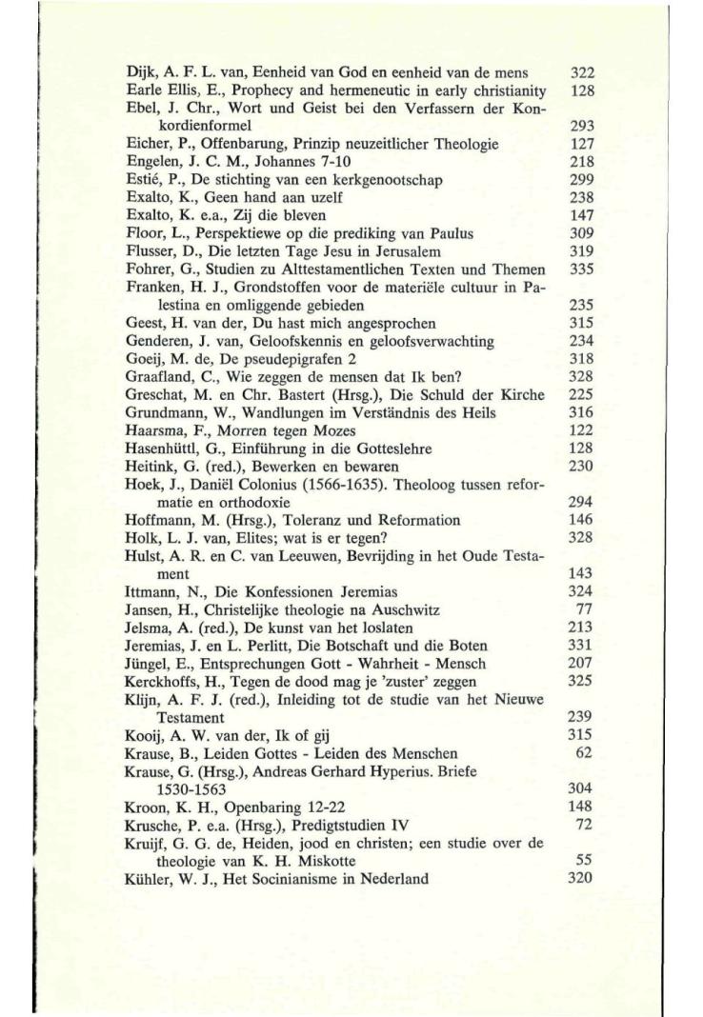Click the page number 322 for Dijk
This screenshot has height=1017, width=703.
[581, 72]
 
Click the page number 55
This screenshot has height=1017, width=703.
[586, 861]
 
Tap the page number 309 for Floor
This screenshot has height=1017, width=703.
[581, 233]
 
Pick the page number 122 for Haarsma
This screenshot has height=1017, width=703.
[581, 430]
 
